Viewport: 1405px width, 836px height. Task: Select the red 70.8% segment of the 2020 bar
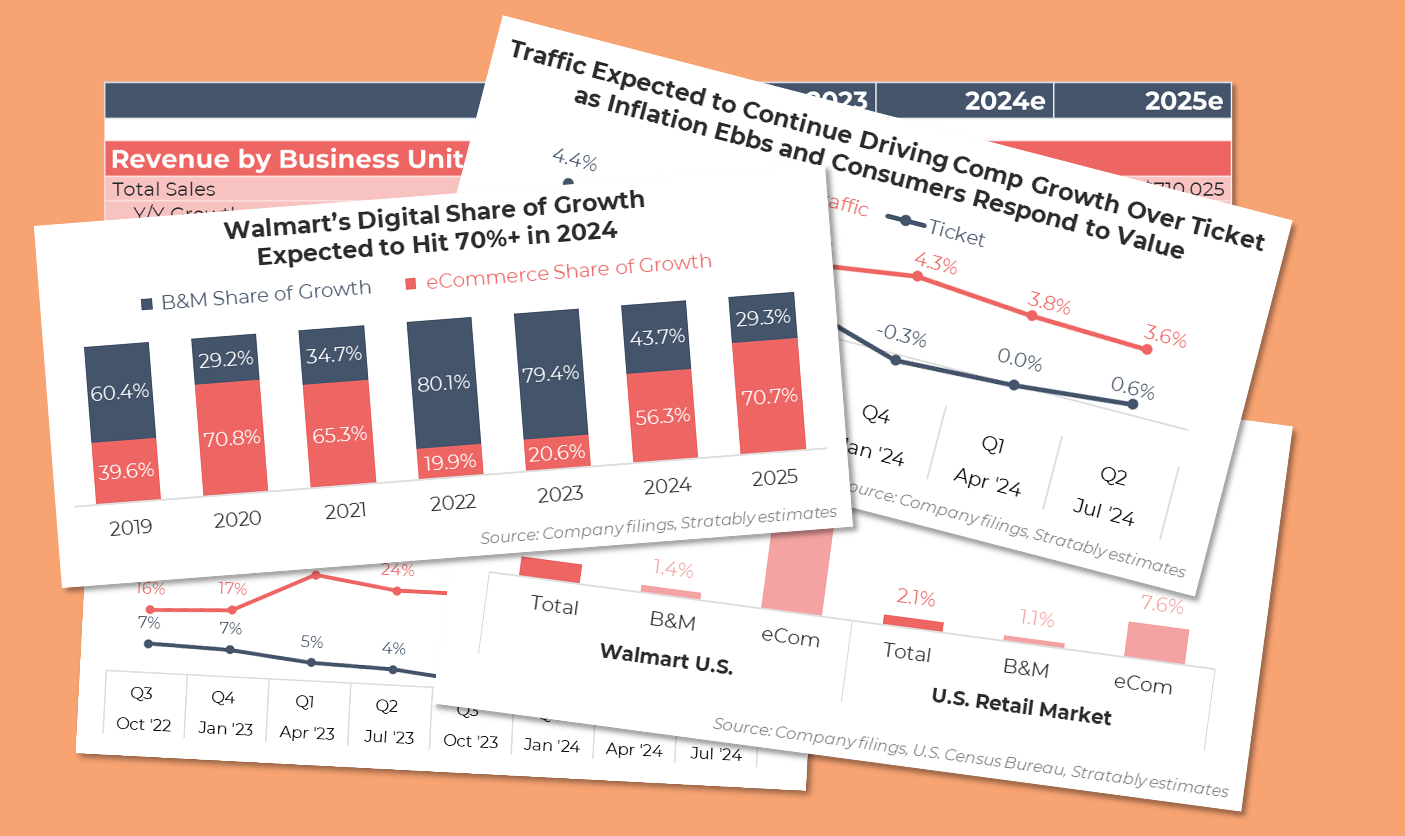(232, 438)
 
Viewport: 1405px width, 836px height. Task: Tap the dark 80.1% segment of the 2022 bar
(443, 383)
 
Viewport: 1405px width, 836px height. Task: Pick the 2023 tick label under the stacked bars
(560, 494)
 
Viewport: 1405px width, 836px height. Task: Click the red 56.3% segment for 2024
(662, 416)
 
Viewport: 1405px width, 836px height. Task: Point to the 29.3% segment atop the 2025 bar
(763, 318)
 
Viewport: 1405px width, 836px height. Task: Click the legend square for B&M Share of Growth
(147, 304)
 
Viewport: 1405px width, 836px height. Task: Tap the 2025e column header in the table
(1183, 101)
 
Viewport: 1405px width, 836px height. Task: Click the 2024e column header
(1005, 101)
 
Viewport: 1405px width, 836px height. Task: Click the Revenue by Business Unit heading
(287, 159)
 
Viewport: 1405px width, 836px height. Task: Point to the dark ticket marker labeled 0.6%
(1133, 404)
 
